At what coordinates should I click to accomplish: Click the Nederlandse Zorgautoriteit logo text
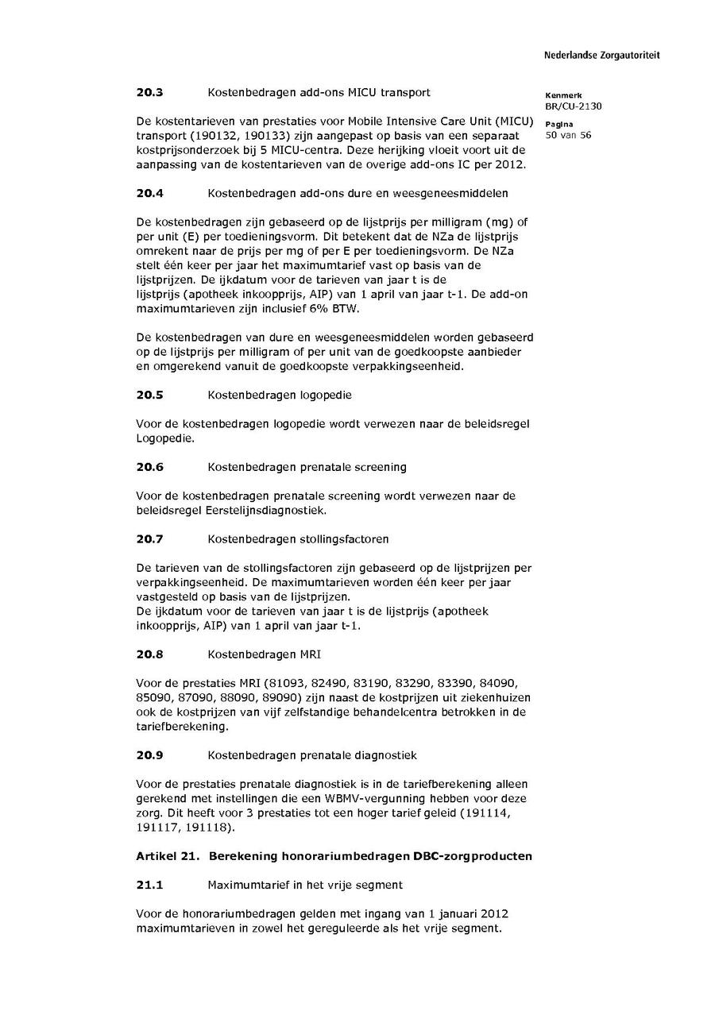click(601, 56)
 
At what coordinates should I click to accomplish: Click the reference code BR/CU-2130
click(568, 106)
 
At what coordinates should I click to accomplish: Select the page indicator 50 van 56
click(568, 135)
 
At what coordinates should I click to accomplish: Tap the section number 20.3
click(149, 92)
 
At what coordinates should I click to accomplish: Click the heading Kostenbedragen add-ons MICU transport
click(319, 92)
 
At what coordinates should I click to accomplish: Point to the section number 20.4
click(149, 193)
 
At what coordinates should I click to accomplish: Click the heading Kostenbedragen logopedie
click(279, 395)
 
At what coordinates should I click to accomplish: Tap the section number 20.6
click(149, 467)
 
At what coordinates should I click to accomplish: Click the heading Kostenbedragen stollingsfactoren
click(298, 539)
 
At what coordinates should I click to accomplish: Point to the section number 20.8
click(149, 654)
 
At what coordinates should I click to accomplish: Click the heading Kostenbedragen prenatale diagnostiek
click(311, 755)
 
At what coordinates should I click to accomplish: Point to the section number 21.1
click(149, 885)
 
